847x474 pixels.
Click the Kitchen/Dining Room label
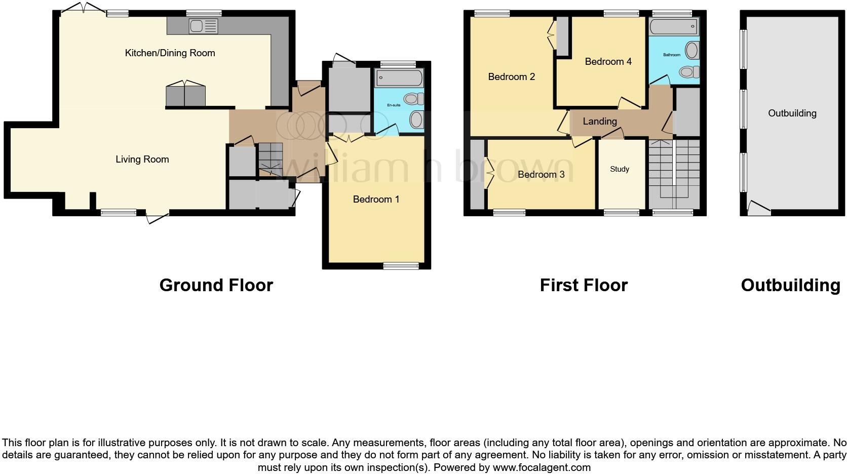170,53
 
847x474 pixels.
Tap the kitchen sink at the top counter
203,26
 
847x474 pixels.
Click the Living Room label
142,159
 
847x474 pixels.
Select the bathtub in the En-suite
399,78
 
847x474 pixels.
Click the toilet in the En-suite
413,99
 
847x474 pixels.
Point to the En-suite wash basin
416,120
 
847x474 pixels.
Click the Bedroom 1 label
376,199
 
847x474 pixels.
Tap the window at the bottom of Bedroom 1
401,265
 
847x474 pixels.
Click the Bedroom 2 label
511,76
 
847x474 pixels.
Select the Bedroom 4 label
608,61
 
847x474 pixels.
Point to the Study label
619,169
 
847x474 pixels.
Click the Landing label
600,121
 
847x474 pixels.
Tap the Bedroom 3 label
541,174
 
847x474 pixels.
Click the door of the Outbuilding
759,208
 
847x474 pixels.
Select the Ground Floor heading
216,285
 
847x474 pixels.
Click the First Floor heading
584,285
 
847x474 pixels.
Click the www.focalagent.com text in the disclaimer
542,467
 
